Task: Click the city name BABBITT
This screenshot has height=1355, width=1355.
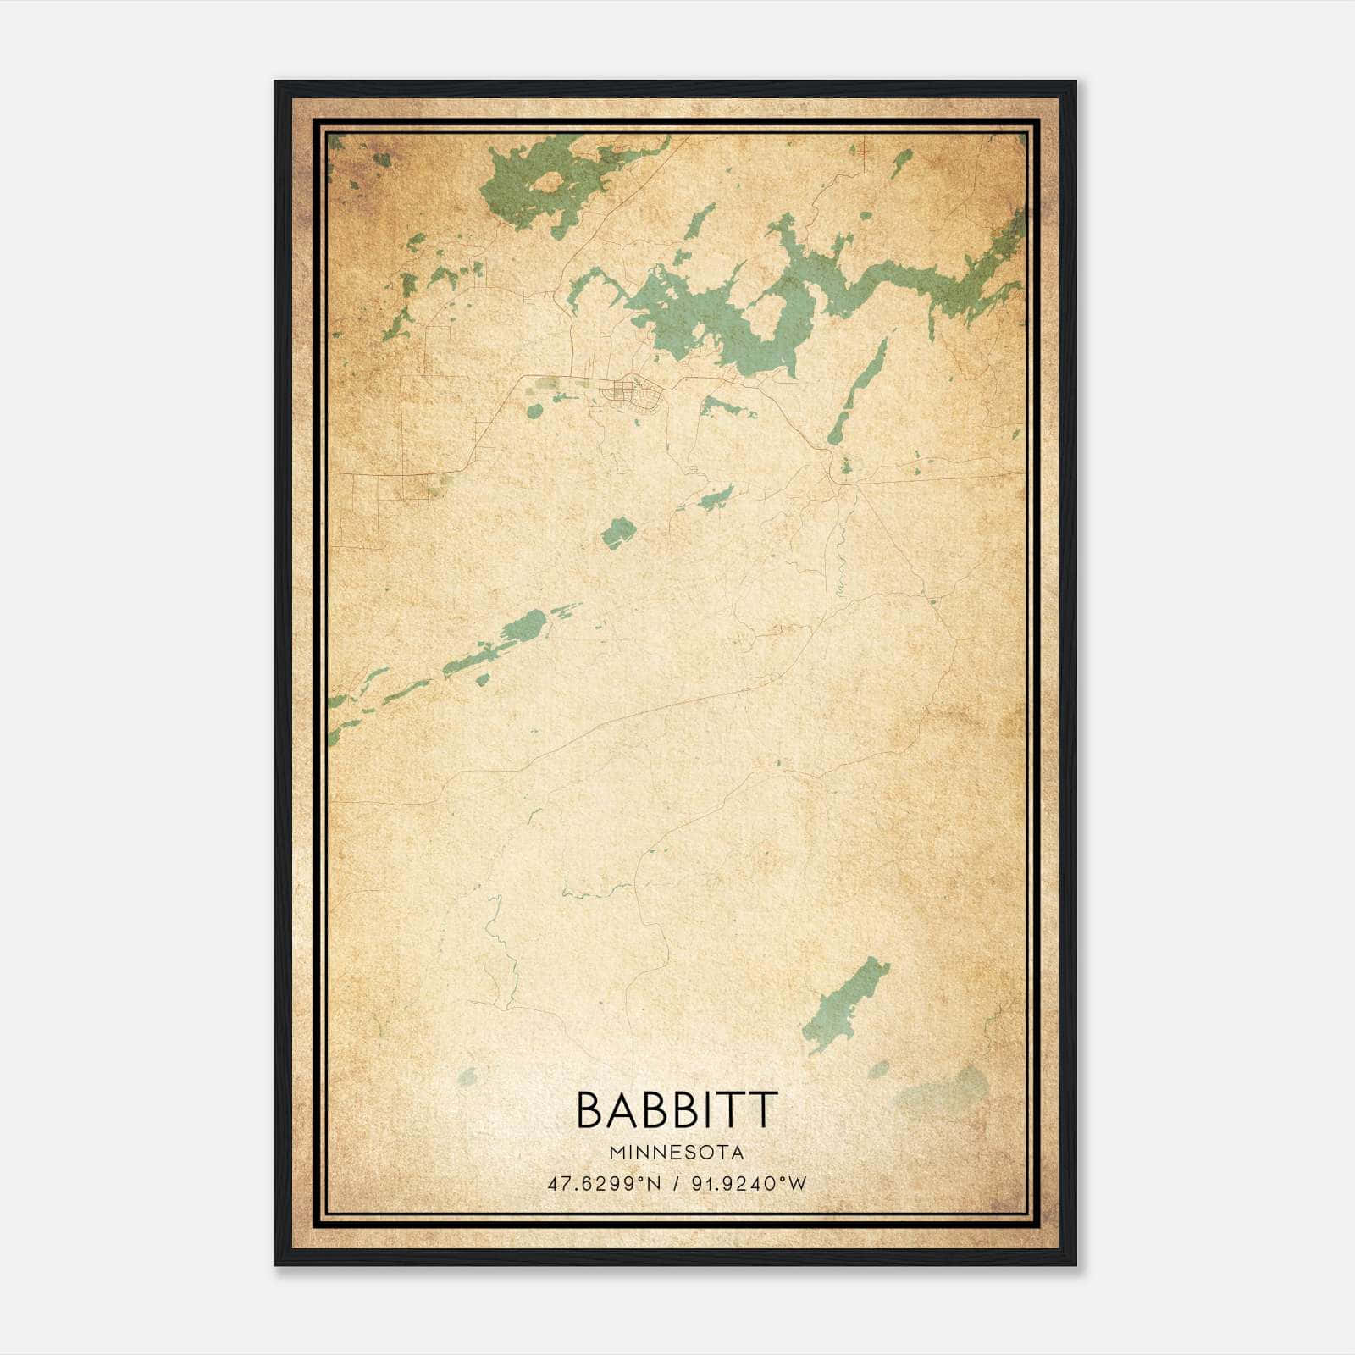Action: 676,1109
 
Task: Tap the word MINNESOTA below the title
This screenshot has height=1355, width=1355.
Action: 676,1153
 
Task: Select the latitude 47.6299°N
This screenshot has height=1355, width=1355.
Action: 604,1183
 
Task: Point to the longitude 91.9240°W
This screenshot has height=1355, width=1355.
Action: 749,1183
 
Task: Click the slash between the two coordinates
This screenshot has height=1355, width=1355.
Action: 676,1183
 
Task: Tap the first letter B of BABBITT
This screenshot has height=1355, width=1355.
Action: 590,1109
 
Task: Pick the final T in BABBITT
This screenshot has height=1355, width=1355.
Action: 764,1109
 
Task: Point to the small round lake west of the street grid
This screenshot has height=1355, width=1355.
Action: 534,412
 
